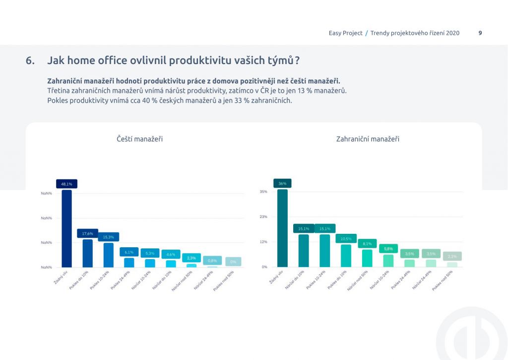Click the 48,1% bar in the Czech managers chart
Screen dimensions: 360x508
(66, 228)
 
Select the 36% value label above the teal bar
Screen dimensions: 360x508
(282, 183)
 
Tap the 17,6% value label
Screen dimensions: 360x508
(87, 233)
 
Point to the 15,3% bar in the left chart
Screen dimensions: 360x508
(109, 255)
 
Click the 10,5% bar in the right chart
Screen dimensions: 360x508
(346, 256)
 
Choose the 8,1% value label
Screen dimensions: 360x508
(367, 244)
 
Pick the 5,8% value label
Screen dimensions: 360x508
(388, 249)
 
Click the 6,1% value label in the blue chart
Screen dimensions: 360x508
(129, 252)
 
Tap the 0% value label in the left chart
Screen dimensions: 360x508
(233, 262)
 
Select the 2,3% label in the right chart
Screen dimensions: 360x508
(452, 256)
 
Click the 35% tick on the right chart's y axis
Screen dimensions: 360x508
(263, 192)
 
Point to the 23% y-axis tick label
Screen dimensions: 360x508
(263, 217)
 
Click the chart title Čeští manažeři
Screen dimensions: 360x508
(139, 139)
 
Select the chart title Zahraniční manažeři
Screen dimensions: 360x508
(368, 139)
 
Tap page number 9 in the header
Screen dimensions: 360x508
(480, 33)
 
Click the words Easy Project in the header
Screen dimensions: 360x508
(345, 33)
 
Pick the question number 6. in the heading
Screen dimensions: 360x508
(30, 61)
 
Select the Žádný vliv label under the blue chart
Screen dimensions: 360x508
(61, 277)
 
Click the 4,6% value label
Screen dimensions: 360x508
(171, 254)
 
